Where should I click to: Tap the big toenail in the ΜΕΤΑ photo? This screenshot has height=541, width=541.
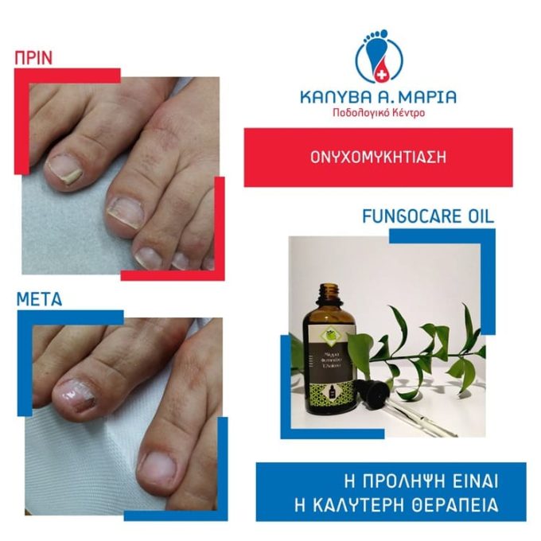[75, 392]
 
